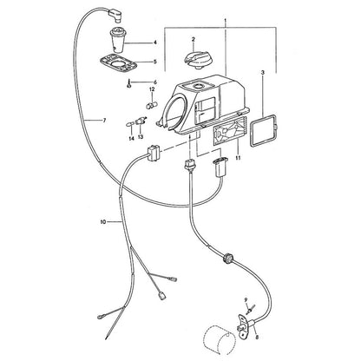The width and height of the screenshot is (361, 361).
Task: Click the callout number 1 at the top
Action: coord(226,21)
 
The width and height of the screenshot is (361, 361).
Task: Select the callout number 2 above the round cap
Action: coord(194,39)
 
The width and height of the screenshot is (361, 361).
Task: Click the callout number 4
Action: coord(155,43)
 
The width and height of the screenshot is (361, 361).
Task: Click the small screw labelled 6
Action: coord(128,84)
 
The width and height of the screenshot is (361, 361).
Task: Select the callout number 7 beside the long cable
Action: coord(104,120)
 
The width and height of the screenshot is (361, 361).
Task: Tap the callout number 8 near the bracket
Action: coord(257,337)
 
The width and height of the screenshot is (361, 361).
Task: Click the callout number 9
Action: coord(246,299)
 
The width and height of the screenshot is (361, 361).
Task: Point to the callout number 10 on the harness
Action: coord(103,222)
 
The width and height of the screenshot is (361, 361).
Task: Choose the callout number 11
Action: coord(238,158)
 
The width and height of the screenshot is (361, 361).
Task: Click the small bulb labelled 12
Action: coord(152,105)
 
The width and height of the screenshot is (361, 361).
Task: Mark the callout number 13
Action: coord(141,137)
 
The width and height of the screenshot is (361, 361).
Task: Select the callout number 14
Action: coord(131,139)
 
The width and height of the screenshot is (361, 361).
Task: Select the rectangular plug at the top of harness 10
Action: coord(154,153)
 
